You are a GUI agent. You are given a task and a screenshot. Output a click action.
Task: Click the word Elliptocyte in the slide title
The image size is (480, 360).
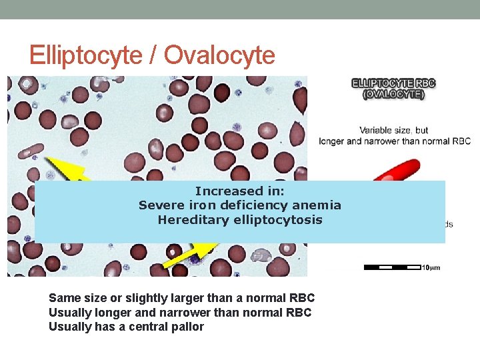[85, 55]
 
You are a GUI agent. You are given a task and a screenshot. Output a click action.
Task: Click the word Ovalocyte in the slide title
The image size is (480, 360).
[219, 55]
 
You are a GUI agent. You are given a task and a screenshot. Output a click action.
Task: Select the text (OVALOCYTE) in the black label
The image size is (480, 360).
[393, 95]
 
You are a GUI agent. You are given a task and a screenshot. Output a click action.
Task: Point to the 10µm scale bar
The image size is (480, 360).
[393, 267]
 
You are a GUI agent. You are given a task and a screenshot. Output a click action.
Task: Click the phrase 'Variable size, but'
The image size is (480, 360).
[394, 130]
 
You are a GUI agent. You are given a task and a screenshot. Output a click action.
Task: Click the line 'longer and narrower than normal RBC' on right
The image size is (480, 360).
[395, 141]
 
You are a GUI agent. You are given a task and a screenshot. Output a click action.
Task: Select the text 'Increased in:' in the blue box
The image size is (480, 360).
[239, 191]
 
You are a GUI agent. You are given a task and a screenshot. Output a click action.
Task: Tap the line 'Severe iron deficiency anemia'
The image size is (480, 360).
[239, 205]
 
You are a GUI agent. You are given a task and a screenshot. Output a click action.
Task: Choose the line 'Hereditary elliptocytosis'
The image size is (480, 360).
[239, 220]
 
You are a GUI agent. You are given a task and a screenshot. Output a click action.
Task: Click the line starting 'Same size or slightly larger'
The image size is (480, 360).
[181, 298]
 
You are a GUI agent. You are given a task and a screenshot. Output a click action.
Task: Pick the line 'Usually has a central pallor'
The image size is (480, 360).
[126, 327]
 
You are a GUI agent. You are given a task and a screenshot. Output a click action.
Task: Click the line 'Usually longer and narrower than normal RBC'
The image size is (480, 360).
[180, 313]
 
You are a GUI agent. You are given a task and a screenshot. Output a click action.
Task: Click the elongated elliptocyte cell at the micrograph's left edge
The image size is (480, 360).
[30, 151]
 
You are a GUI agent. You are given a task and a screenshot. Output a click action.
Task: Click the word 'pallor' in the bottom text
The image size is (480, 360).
[188, 327]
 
